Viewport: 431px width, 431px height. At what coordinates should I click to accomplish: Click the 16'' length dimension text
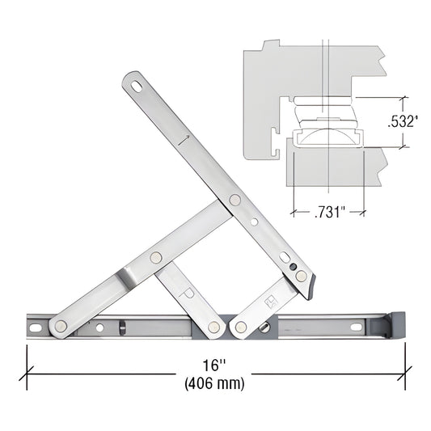point(213,365)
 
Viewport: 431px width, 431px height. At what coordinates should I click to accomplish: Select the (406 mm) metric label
point(213,383)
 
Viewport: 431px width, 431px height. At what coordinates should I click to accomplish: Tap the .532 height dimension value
point(402,122)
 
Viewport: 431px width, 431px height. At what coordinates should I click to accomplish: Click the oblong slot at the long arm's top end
point(137,82)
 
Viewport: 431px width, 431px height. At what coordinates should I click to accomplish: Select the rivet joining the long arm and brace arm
point(235,200)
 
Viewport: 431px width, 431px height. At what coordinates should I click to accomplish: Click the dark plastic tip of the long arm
point(311,285)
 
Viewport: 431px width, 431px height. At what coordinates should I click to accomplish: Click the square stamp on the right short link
point(271,301)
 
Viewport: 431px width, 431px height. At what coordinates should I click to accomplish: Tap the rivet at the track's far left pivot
point(61,326)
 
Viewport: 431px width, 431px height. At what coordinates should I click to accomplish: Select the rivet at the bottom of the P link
point(213,327)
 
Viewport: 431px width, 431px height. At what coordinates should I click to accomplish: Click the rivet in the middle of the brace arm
point(156,257)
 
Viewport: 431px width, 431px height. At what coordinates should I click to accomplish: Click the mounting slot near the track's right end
point(356,327)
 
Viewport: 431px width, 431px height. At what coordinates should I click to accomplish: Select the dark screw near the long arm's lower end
point(293,267)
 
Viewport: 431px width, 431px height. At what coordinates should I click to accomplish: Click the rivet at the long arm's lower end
point(301,276)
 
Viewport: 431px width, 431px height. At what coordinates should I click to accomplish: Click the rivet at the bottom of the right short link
point(240,327)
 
